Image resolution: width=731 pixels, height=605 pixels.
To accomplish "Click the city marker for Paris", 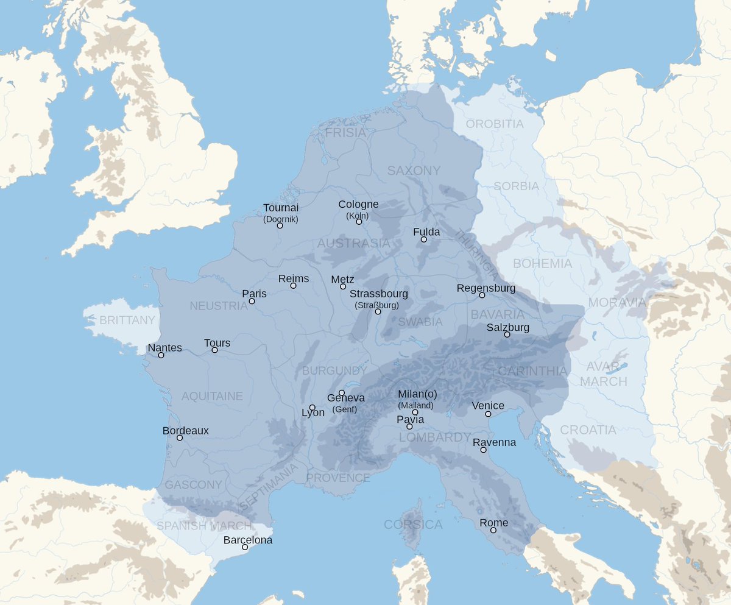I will pyautogui.click(x=252, y=301).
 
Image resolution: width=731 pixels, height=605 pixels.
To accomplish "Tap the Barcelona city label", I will pyautogui.click(x=248, y=540).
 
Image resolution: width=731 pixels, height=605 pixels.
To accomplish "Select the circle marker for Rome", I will pyautogui.click(x=493, y=530).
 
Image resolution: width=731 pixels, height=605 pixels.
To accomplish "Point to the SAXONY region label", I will pyautogui.click(x=414, y=171).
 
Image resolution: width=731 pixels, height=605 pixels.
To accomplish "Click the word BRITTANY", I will pyautogui.click(x=127, y=320).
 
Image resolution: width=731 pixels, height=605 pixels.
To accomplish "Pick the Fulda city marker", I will pyautogui.click(x=424, y=239).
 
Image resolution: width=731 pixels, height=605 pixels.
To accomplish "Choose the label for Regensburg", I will pyautogui.click(x=486, y=288).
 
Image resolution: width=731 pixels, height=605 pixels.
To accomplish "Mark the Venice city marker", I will pyautogui.click(x=488, y=414).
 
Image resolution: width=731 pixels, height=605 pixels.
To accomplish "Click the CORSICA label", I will pyautogui.click(x=413, y=525).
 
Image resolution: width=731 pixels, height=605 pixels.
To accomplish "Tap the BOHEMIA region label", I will pyautogui.click(x=542, y=264).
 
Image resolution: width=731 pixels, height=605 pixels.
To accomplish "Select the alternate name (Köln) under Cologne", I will pyautogui.click(x=358, y=216).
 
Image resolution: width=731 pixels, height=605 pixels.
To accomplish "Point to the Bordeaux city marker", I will pyautogui.click(x=180, y=437).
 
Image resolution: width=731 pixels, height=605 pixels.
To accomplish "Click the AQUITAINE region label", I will pyautogui.click(x=212, y=396).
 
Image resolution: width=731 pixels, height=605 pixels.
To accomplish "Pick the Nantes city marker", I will pyautogui.click(x=161, y=355).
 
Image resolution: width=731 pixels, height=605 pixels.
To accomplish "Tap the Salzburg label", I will pyautogui.click(x=508, y=328).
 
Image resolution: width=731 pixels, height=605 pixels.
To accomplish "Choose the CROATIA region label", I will pyautogui.click(x=588, y=430).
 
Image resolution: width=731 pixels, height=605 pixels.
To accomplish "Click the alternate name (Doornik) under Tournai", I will pyautogui.click(x=281, y=219).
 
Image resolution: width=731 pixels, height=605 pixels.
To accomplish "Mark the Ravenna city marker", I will pyautogui.click(x=483, y=450).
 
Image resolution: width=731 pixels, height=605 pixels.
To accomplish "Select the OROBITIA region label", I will pyautogui.click(x=495, y=124).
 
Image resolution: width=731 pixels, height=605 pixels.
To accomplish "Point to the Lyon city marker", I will pyautogui.click(x=313, y=408).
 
